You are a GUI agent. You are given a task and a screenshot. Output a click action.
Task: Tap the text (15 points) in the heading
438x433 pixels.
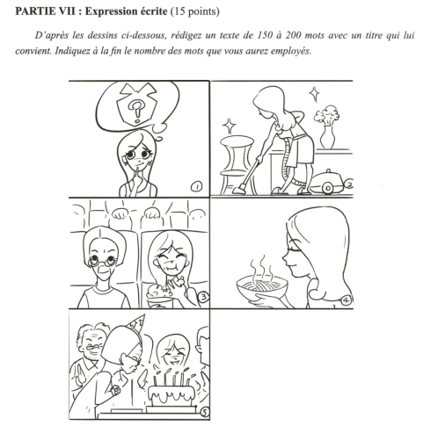click(194, 11)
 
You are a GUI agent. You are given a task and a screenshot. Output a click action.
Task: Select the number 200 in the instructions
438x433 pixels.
click(293, 35)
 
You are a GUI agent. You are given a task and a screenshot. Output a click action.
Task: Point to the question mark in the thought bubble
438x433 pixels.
click(135, 111)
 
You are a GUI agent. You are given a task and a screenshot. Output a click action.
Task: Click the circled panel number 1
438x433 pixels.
click(196, 187)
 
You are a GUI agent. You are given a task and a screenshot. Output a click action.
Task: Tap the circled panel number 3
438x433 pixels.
click(204, 297)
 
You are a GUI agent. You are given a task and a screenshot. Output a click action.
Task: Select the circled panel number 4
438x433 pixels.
click(347, 300)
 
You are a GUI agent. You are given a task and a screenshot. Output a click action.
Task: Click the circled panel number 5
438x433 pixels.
click(205, 412)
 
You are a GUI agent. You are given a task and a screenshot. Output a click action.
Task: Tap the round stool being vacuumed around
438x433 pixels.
click(237, 164)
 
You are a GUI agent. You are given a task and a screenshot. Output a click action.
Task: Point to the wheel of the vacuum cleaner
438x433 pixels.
click(327, 188)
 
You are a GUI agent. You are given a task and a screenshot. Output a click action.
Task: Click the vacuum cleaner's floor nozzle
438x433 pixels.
click(240, 190)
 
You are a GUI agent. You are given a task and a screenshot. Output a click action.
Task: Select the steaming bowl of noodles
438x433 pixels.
click(262, 285)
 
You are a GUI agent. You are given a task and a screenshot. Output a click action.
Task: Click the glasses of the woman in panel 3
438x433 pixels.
click(103, 260)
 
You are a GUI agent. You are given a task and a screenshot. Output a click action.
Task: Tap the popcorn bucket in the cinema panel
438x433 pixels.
click(160, 296)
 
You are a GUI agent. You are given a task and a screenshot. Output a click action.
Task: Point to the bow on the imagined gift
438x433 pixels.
click(136, 90)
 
